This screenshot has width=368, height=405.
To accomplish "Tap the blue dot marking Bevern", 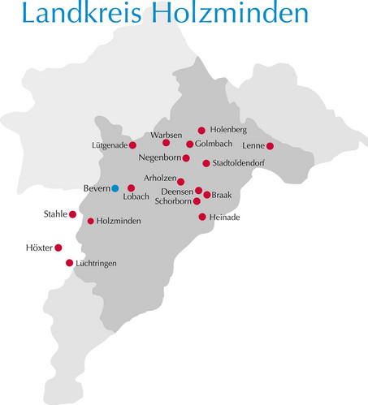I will coord(115,188).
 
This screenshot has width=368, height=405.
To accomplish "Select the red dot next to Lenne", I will coord(270,146).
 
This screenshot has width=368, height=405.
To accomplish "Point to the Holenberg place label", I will coord(228,129).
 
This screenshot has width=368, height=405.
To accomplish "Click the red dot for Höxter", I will coord(58,248).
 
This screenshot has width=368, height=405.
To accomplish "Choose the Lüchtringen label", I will coord(97,264).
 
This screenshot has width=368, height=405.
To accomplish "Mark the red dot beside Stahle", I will coord(72,214).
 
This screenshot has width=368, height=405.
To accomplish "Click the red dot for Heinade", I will coord(202,217).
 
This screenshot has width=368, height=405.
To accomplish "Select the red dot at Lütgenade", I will coord(132,145).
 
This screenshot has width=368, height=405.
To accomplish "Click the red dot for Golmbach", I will coord(189,144).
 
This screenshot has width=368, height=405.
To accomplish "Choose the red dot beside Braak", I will coord(207,195).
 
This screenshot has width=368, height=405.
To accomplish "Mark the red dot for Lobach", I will coord(131,187).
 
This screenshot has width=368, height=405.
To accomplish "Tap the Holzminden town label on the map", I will coord(119,221).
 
